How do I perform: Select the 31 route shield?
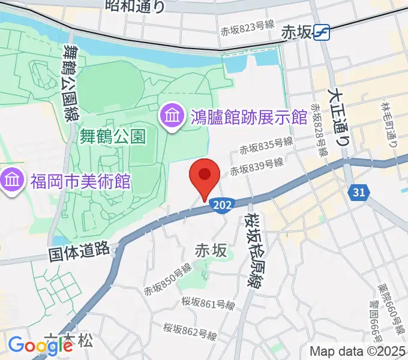coord(358,193)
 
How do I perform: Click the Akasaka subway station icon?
coord(322,32)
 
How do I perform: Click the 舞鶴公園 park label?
coord(113,136)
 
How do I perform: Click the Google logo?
coord(40,346)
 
